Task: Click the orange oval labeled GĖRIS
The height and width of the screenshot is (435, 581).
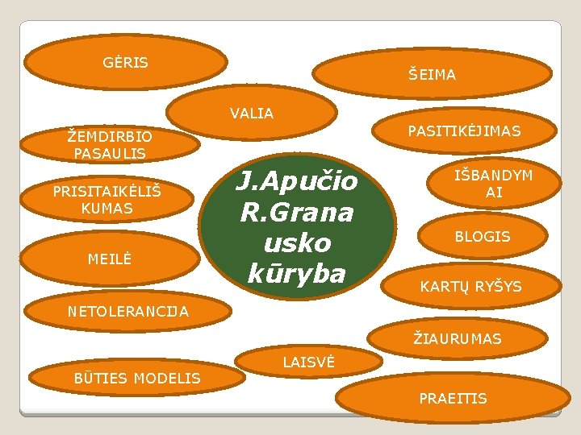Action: click(126, 62)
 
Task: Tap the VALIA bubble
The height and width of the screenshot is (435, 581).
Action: click(252, 114)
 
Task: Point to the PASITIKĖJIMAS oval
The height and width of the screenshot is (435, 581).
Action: click(464, 130)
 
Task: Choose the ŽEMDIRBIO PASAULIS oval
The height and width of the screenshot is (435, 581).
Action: click(110, 145)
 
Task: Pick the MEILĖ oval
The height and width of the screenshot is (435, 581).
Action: click(110, 259)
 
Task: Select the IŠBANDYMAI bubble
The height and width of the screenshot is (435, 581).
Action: click(494, 184)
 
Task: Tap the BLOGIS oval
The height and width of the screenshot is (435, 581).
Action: click(483, 237)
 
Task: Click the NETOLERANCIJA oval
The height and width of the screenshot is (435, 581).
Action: click(129, 311)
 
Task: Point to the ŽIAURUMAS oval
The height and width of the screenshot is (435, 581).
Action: click(457, 339)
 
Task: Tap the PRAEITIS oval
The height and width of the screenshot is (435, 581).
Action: click(452, 399)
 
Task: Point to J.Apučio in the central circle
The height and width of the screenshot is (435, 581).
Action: click(296, 182)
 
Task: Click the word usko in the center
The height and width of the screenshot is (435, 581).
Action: click(296, 243)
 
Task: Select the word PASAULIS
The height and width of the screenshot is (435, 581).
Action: click(110, 153)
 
